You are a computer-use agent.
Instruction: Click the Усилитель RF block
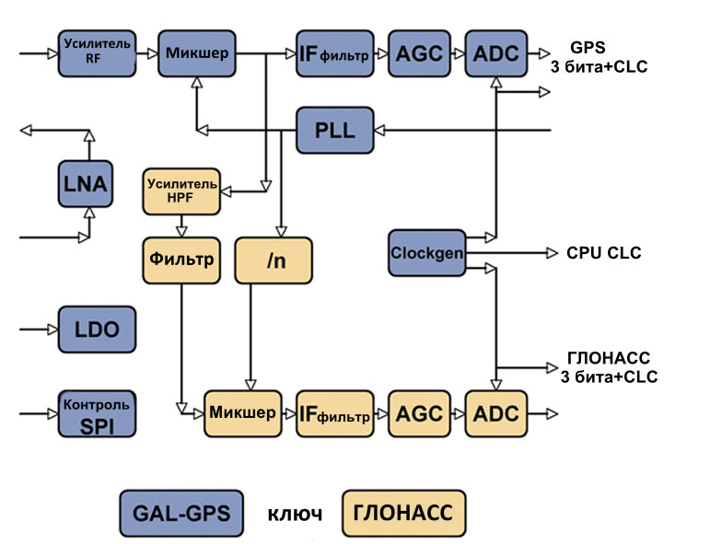pos(97,52)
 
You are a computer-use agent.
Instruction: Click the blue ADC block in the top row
pos(497,53)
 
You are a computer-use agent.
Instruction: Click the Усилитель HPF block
pos(181,190)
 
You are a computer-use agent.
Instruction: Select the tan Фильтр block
pos(181,259)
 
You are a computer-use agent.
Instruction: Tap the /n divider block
pos(274,260)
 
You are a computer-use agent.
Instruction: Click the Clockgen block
pos(425,252)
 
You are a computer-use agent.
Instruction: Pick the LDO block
pos(97,329)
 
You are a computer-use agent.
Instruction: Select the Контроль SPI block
pos(97,412)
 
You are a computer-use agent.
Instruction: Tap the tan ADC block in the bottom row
pos(497,413)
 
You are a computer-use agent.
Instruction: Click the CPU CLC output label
pos(604,253)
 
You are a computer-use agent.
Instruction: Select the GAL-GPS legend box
pos(180,513)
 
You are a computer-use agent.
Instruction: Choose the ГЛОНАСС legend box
pos(403,513)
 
